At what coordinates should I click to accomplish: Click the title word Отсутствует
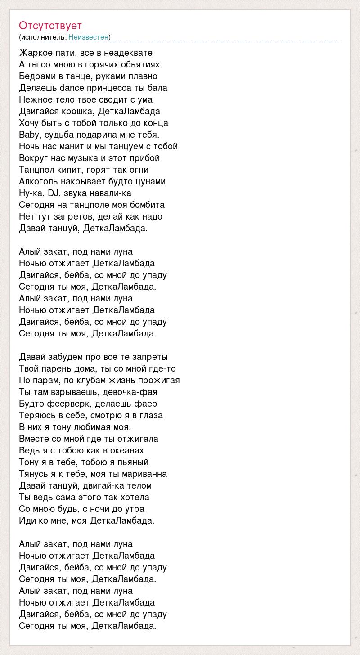click(x=50, y=26)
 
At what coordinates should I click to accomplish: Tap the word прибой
click(x=145, y=158)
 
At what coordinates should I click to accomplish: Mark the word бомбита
click(x=146, y=205)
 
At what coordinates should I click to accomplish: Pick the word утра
click(x=134, y=509)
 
